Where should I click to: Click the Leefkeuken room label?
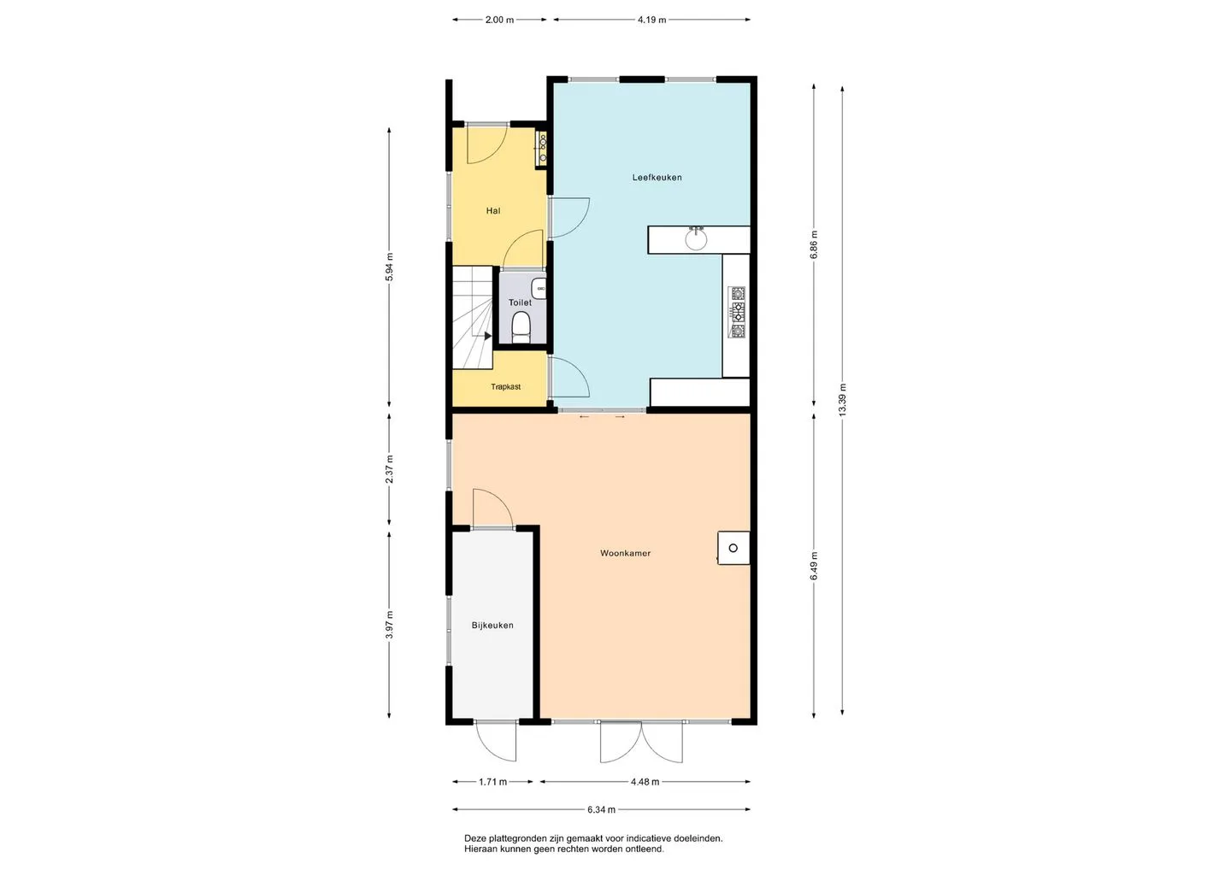tap(657, 178)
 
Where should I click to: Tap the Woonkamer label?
tap(626, 553)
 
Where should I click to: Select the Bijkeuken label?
tap(492, 625)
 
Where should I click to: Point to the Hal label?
tap(493, 210)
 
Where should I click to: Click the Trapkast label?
tap(505, 386)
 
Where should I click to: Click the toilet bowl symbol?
tap(521, 327)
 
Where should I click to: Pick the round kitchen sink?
tap(696, 239)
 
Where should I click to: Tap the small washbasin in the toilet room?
tap(539, 288)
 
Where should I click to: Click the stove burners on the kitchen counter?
tap(737, 312)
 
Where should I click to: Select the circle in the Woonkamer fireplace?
tap(733, 548)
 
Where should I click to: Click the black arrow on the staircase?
tap(487, 336)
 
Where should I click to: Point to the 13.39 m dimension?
tap(843, 400)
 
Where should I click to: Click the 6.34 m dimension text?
tap(601, 809)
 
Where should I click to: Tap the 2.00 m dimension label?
tap(499, 20)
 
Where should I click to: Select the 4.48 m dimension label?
tap(645, 782)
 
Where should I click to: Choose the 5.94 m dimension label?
tap(389, 267)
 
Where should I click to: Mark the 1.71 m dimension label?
tap(493, 782)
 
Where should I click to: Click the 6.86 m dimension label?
tap(814, 244)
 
